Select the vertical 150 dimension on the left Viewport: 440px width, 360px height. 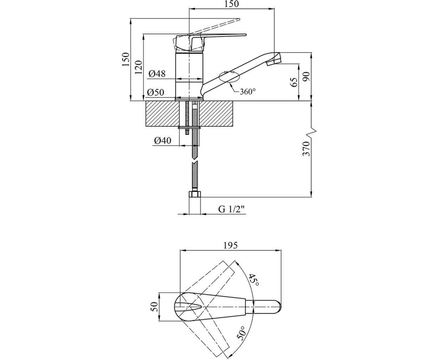[x=125, y=59]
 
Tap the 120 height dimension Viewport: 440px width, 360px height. [x=138, y=67]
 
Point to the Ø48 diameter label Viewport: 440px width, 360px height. [x=156, y=74]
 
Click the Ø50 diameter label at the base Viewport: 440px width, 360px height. [x=156, y=92]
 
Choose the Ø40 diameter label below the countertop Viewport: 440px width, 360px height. [x=162, y=141]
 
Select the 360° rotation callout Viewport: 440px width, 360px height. [x=247, y=91]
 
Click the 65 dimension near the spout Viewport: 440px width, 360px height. [x=293, y=82]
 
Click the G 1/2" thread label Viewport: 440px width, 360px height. [x=232, y=209]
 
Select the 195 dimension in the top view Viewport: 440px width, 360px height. [x=230, y=245]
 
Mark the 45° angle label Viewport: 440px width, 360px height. [x=255, y=279]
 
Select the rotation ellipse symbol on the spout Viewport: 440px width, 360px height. [x=228, y=77]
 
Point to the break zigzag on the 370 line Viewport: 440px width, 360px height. [x=311, y=131]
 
